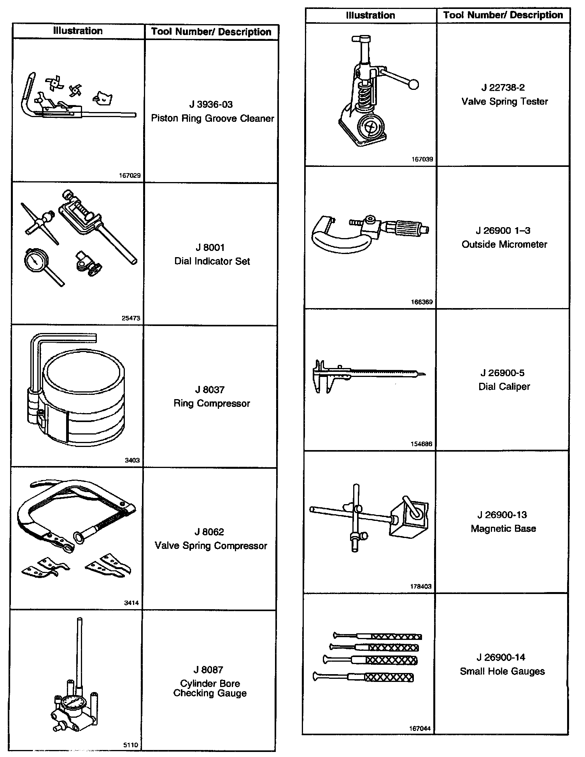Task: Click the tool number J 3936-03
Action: [x=211, y=104]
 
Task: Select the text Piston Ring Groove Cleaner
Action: [x=212, y=118]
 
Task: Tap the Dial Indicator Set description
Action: [x=212, y=261]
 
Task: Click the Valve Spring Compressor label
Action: [x=211, y=546]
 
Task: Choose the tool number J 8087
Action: [x=208, y=669]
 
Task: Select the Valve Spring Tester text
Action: [x=504, y=102]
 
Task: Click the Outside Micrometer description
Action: [x=504, y=244]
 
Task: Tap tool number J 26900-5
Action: [x=503, y=373]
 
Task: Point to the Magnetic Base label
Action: [x=503, y=529]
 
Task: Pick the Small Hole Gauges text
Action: [x=502, y=671]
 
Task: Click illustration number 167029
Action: [x=130, y=175]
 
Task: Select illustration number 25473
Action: [x=131, y=318]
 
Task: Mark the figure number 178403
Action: [x=421, y=587]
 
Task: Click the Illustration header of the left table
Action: [x=78, y=31]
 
